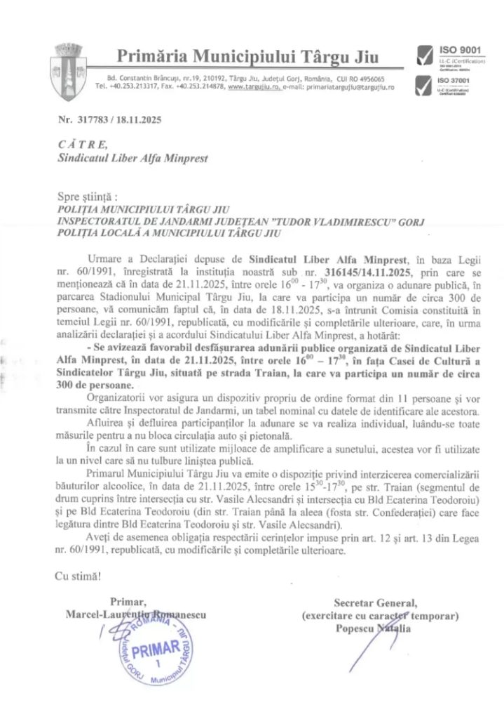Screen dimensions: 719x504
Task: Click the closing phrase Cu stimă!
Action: point(77,576)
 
